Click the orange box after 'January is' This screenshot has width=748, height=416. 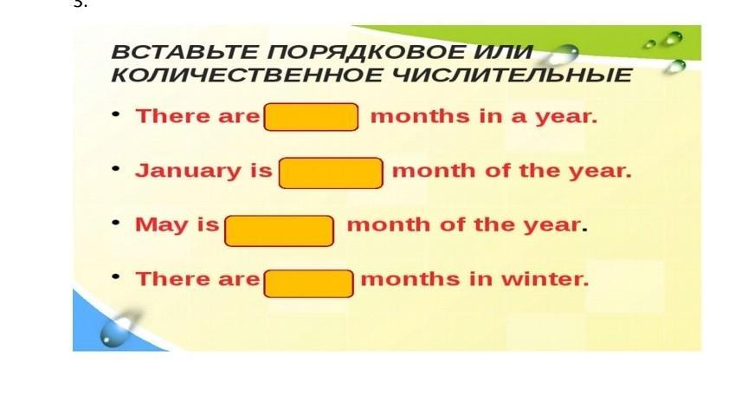(331, 172)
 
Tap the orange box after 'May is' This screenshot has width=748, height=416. (279, 231)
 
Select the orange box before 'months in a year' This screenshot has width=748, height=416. (311, 117)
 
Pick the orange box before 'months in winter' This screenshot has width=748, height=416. (309, 283)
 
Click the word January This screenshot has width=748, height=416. (188, 172)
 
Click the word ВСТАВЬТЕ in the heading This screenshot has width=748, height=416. (185, 52)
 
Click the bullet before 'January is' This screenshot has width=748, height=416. (115, 168)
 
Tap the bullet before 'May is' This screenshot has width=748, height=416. (115, 222)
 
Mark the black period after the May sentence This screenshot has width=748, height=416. (585, 231)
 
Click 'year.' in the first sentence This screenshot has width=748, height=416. (566, 118)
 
